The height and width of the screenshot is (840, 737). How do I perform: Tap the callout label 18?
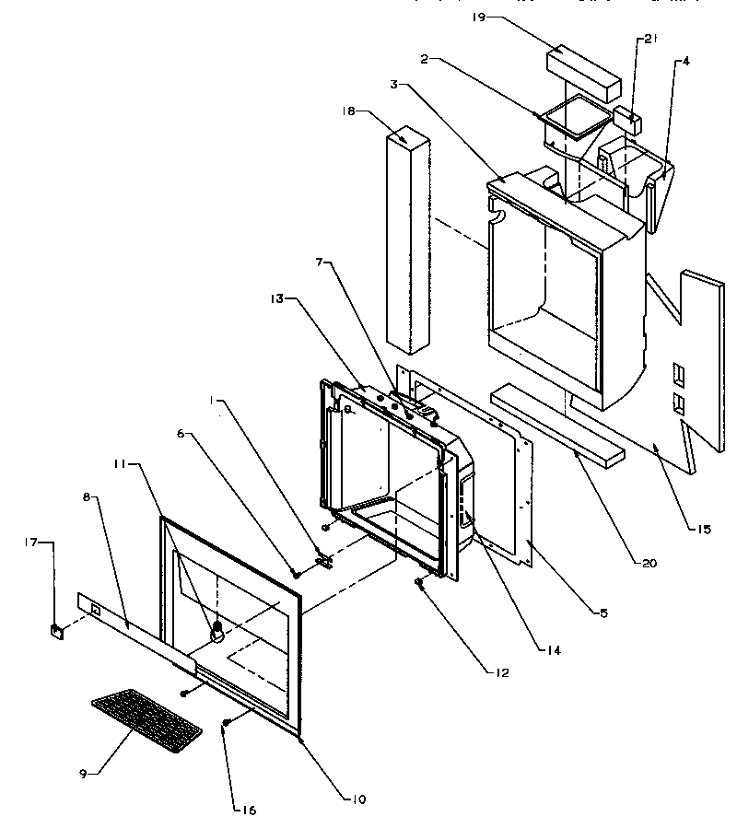click(349, 111)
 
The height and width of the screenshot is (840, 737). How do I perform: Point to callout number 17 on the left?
click(30, 542)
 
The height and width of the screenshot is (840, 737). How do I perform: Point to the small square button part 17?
click(55, 631)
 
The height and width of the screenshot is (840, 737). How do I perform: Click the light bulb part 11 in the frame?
click(218, 630)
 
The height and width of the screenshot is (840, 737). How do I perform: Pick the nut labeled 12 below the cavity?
click(419, 582)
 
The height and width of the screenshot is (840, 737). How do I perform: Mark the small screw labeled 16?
click(225, 725)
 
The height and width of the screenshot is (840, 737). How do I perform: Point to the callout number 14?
click(552, 650)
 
